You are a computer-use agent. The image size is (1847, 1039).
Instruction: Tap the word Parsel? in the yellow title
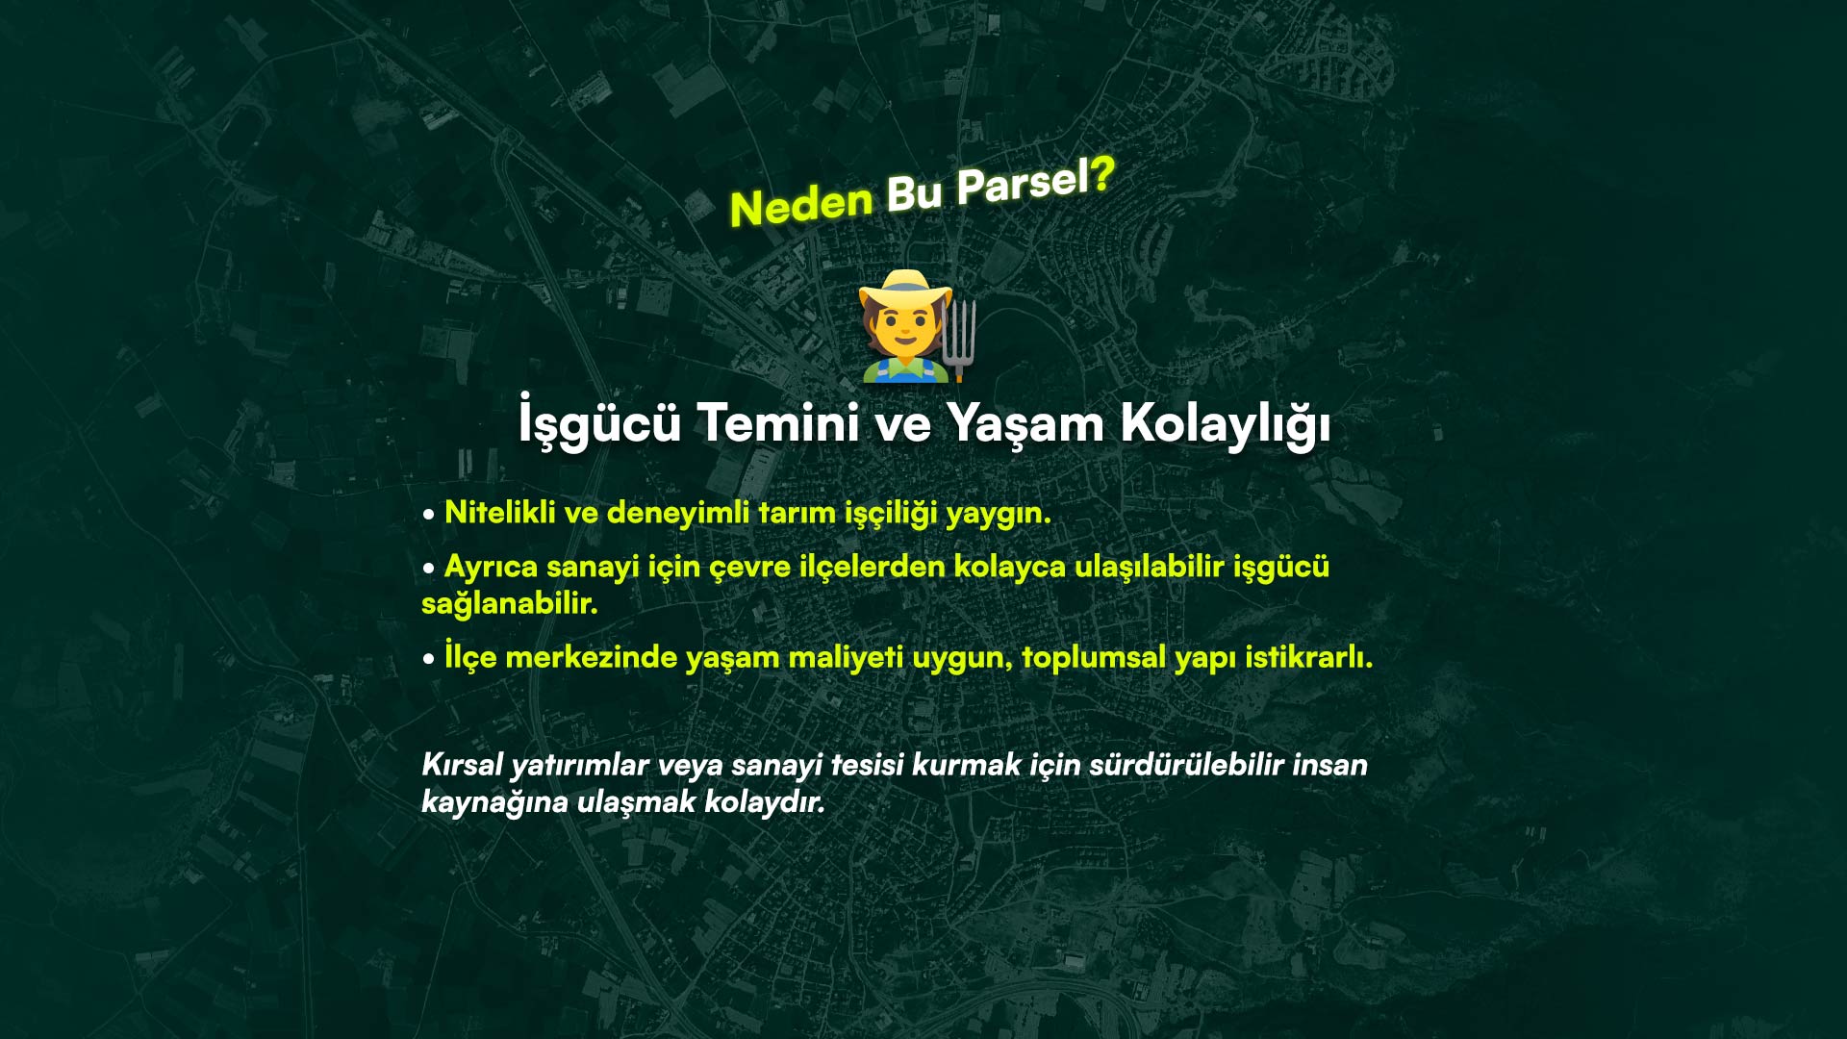pos(1035,181)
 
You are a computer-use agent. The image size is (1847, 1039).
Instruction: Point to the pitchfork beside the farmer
pos(958,339)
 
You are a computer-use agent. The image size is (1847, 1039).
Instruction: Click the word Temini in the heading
pos(777,423)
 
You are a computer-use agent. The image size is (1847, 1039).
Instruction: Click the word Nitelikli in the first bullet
pos(499,513)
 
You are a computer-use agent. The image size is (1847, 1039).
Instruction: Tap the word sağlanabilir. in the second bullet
pos(510,603)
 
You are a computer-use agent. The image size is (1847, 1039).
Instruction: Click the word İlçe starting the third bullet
pos(470,656)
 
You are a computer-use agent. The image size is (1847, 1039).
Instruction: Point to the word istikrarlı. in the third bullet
pos(1309,657)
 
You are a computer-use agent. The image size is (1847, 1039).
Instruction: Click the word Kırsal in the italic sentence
pos(462,765)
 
